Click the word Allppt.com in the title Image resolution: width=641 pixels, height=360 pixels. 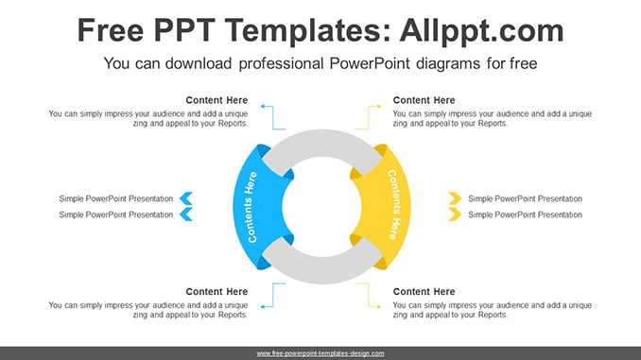click(481, 31)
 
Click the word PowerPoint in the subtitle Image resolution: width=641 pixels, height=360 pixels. click(370, 63)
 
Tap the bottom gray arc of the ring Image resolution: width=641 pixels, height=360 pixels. click(322, 270)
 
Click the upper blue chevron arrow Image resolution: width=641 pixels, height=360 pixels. click(186, 198)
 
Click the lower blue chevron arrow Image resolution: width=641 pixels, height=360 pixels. click(186, 214)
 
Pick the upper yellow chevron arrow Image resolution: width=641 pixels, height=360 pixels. click(455, 198)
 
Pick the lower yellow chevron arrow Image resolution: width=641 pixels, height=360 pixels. click(455, 214)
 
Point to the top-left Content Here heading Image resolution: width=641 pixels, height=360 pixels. click(217, 100)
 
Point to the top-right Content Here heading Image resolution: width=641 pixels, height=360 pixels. click(424, 100)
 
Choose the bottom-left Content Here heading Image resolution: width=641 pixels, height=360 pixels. click(217, 292)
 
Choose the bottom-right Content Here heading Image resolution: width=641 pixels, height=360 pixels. click(424, 292)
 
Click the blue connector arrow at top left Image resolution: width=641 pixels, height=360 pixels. click(273, 118)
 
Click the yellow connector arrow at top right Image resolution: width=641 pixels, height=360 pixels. click(369, 118)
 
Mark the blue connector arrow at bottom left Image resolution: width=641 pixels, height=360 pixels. click(273, 296)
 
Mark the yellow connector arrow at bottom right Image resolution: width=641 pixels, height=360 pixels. click(369, 296)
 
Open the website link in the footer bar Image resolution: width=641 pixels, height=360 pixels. click(320, 353)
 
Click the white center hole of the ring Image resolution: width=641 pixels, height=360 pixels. click(322, 207)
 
